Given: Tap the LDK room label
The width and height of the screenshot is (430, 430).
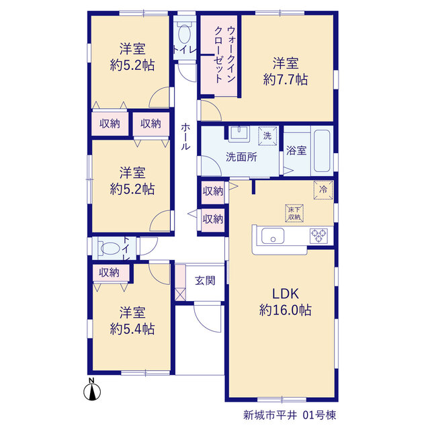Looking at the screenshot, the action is click(285, 294).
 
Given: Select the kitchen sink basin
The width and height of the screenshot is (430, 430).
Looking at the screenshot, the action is click(273, 236).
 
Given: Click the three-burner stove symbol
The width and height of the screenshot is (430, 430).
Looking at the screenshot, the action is click(318, 236).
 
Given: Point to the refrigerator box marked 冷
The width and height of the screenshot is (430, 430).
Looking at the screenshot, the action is click(323, 189).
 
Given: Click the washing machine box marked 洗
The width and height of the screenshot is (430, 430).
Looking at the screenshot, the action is click(267, 136).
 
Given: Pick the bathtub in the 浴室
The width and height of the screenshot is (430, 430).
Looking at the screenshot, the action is click(322, 150).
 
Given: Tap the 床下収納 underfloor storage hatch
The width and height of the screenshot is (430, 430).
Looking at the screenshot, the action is click(294, 213).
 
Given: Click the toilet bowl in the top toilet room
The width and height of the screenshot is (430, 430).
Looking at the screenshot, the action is click(185, 34).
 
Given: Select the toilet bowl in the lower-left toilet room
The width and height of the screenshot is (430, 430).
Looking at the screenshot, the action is click(110, 249).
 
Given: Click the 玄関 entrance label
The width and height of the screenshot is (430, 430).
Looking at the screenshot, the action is click(205, 281).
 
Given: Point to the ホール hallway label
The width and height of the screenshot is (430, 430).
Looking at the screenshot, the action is click(185, 136).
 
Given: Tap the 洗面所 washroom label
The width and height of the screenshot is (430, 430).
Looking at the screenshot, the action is click(241, 157).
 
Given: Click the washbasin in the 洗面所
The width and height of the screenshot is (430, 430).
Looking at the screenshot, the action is click(239, 134).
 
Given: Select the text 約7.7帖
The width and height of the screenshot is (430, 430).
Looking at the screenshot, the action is click(286, 80).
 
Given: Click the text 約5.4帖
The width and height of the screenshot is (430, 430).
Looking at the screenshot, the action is click(132, 329).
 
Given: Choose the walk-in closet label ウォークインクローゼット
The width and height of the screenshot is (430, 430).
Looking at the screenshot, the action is click(225, 54).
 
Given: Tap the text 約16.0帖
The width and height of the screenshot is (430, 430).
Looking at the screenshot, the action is click(285, 310).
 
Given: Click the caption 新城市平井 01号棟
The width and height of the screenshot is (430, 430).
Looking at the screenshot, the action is click(290, 415).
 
